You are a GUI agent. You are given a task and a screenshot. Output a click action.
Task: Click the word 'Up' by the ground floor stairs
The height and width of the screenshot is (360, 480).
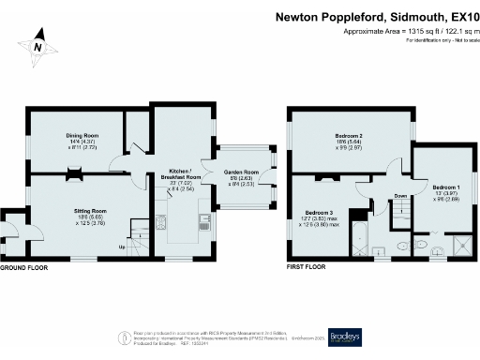coord(122,247)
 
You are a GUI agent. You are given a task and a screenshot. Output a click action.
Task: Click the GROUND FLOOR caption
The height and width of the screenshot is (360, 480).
coord(24,268)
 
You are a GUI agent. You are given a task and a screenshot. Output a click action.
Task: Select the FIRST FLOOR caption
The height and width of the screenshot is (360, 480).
coord(309,267)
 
